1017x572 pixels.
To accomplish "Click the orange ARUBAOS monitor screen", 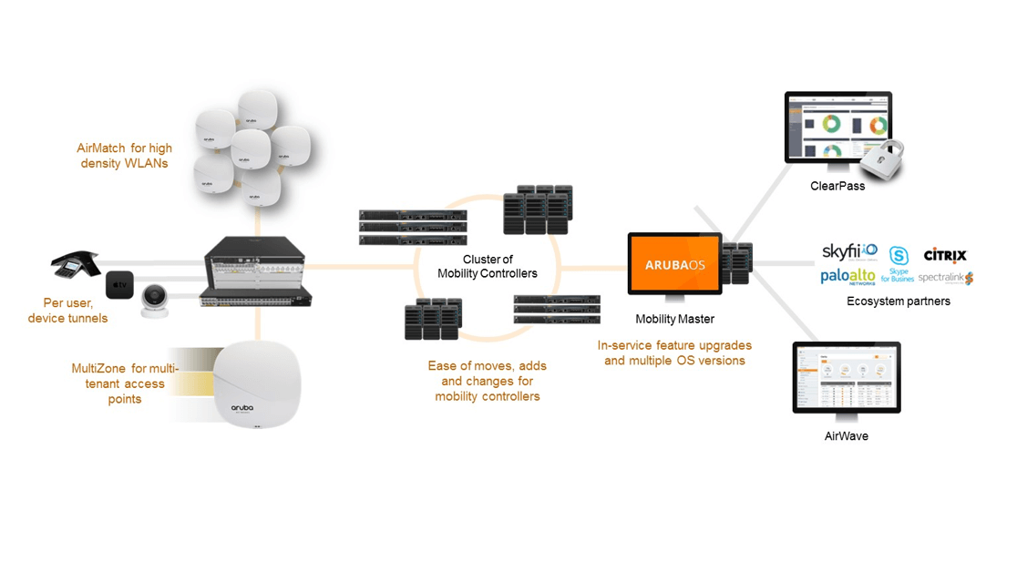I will [x=674, y=263].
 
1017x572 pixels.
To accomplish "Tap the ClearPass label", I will [x=837, y=186].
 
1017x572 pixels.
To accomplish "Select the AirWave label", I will [x=846, y=436].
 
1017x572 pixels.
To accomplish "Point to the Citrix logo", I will [x=944, y=255].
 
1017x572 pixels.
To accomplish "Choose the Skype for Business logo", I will [x=898, y=265].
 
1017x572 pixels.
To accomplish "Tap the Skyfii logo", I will [x=849, y=250].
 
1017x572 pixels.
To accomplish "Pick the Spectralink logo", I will [x=945, y=278].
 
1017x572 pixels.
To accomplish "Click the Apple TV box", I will [x=119, y=284].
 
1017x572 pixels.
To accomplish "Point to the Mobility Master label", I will [x=674, y=320].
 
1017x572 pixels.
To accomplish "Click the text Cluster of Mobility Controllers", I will [x=487, y=267].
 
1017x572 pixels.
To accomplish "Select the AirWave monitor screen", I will [x=846, y=376].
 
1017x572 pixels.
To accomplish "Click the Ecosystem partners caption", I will [x=898, y=301].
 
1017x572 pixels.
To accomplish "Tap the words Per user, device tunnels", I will [x=67, y=311].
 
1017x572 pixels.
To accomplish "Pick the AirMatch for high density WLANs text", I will [x=124, y=156].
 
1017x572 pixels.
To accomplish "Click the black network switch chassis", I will [x=256, y=271].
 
